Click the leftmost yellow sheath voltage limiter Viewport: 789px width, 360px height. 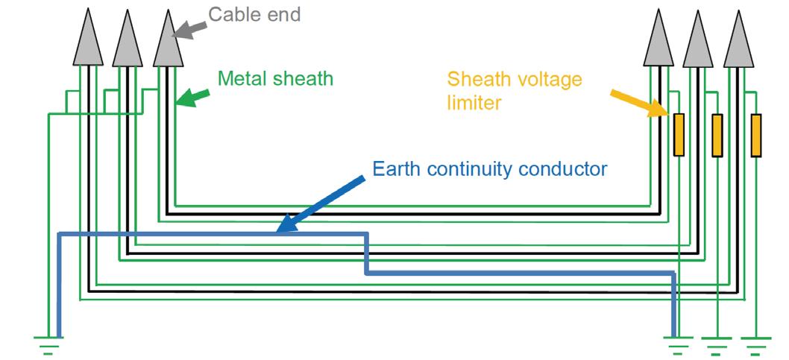(679, 135)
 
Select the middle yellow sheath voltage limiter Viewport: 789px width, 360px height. (717, 135)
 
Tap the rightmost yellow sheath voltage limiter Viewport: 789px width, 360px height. (756, 135)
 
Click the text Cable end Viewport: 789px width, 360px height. (254, 14)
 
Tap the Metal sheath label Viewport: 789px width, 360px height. (275, 78)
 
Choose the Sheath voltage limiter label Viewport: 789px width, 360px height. (514, 89)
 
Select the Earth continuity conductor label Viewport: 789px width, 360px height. (490, 168)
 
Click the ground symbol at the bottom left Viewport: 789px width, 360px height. (48, 344)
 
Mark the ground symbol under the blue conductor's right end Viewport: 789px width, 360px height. (677, 344)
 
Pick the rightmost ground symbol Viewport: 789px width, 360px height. (755, 344)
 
